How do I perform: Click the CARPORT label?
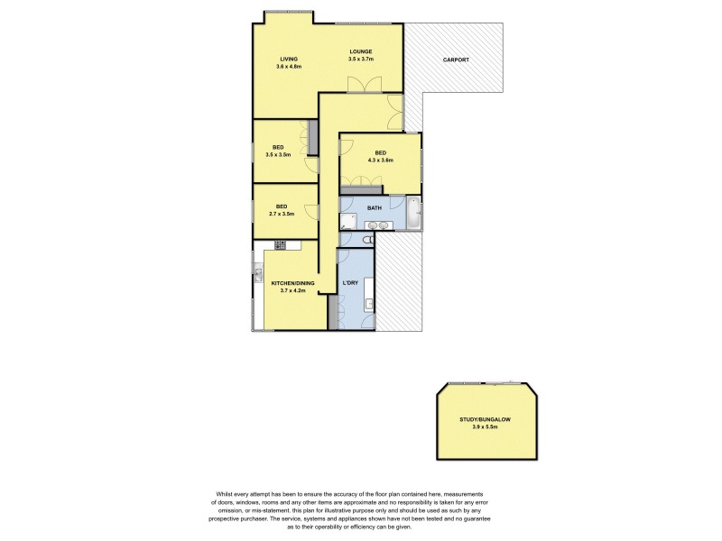[x=455, y=60]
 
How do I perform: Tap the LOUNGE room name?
[x=361, y=51]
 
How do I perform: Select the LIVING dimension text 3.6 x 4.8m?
[x=289, y=67]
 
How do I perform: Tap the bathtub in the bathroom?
[x=413, y=214]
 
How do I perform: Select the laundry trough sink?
[x=368, y=303]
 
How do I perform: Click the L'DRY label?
[x=351, y=284]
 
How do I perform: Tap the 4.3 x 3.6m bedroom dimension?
[x=380, y=160]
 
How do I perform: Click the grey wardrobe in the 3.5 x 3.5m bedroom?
[x=312, y=137]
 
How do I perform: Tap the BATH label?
[x=374, y=207]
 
